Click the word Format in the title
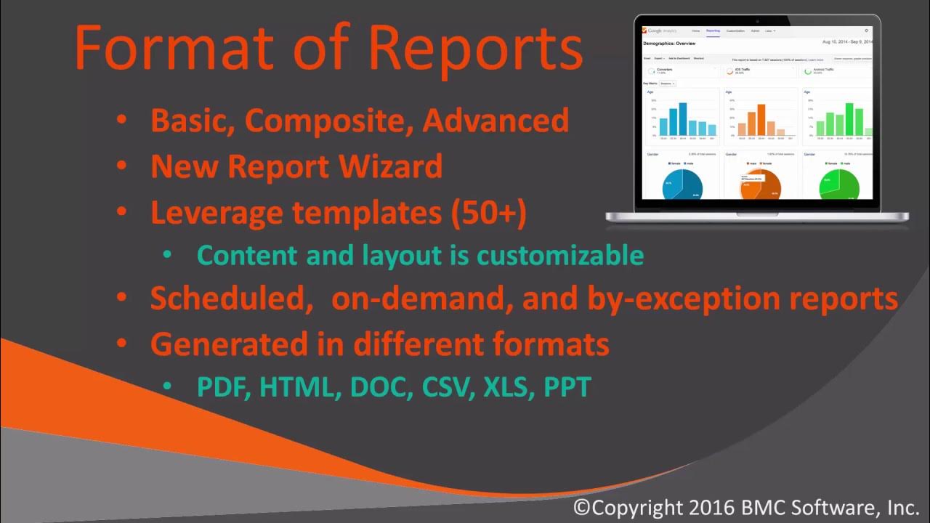pyautogui.click(x=173, y=48)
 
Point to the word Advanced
pyautogui.click(x=496, y=121)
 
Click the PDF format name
pyautogui.click(x=224, y=386)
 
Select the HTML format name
pyautogui.click(x=300, y=386)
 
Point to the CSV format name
pyautogui.click(x=437, y=386)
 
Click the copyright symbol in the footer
pyautogui.click(x=582, y=507)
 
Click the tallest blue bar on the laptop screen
pyautogui.click(x=683, y=119)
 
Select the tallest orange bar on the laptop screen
pyautogui.click(x=761, y=120)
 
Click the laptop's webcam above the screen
pyautogui.click(x=757, y=20)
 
